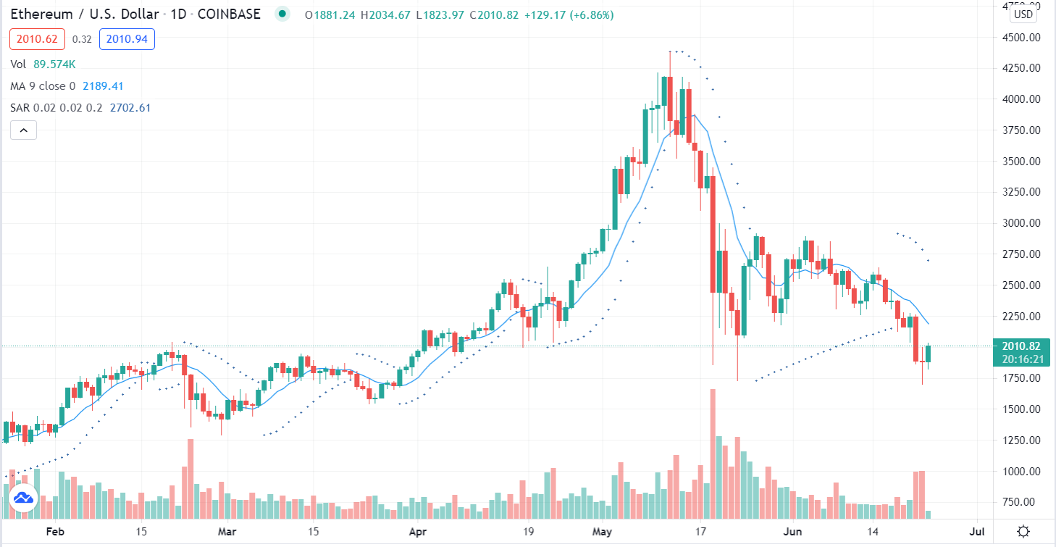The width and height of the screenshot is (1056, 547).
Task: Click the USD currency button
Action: (1023, 14)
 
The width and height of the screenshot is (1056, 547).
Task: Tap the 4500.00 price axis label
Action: (1020, 38)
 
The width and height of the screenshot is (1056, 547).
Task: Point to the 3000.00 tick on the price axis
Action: (1020, 223)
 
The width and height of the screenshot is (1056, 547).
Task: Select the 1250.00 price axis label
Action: (1020, 440)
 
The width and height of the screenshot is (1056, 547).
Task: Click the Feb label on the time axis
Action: (55, 531)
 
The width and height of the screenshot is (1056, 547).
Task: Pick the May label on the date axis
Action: (605, 531)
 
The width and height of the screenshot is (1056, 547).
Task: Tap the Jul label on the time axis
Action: (976, 531)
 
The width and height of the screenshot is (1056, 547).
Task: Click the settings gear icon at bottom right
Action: (1023, 531)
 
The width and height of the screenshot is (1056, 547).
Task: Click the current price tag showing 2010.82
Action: (1020, 346)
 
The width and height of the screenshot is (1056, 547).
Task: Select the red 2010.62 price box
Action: (37, 39)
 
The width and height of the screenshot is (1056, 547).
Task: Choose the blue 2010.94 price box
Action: (127, 39)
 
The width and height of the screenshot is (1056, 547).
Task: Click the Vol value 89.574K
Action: (54, 64)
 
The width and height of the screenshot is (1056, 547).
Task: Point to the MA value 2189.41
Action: (103, 86)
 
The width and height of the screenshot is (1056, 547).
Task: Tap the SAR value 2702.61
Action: (130, 108)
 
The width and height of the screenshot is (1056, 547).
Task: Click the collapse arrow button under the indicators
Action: (23, 130)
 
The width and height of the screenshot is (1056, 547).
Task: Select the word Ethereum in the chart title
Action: (40, 14)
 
